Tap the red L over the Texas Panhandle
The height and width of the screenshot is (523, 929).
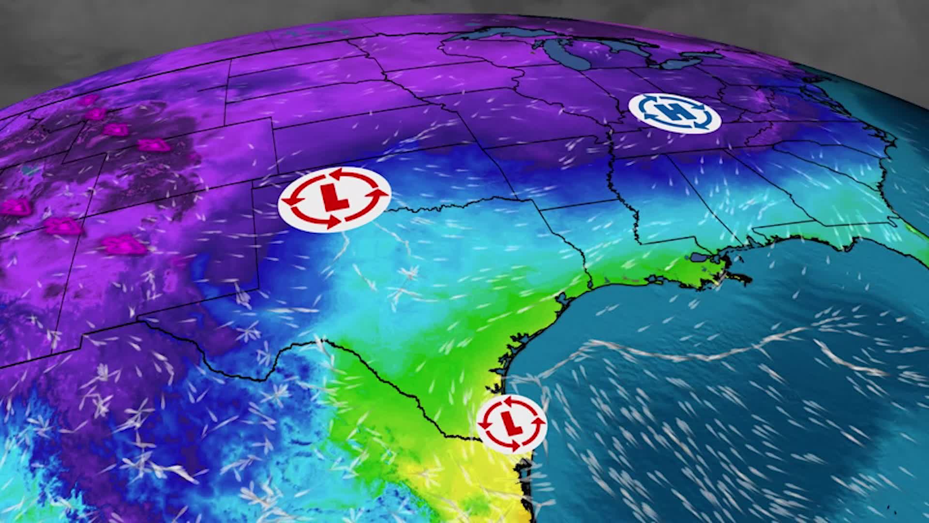pos(333,199)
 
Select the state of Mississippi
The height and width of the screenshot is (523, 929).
pos(677,203)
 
